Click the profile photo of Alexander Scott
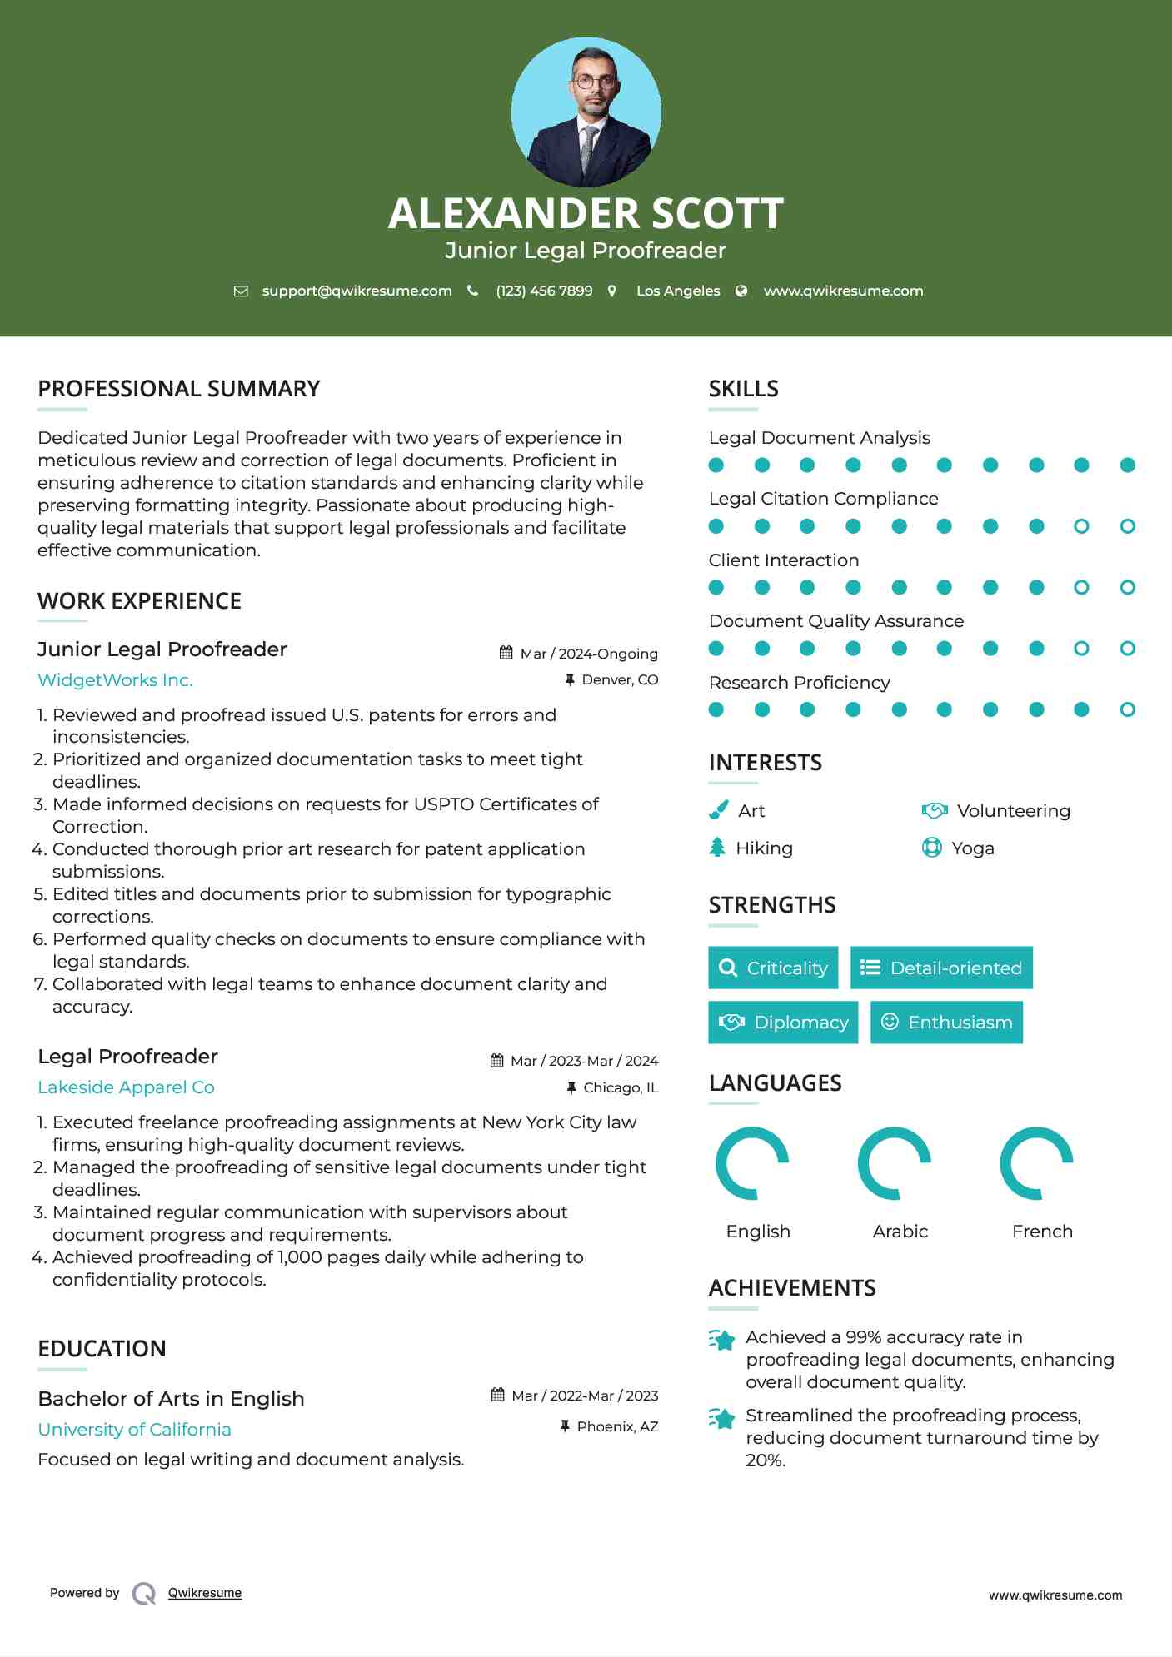586,112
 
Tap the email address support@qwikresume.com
357,291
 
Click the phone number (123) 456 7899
544,291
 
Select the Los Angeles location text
677,291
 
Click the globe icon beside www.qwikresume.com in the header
741,291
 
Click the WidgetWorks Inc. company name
115,680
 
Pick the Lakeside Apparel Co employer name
126,1087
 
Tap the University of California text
134,1430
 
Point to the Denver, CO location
620,679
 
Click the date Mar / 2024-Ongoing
588,654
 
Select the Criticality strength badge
773,968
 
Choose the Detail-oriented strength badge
941,968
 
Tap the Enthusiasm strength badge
946,1023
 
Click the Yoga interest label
972,848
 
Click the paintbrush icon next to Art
718,810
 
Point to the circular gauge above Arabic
895,1163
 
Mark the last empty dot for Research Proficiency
1127,709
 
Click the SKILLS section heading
743,389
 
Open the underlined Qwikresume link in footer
205,1593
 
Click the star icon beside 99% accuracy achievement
722,1340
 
